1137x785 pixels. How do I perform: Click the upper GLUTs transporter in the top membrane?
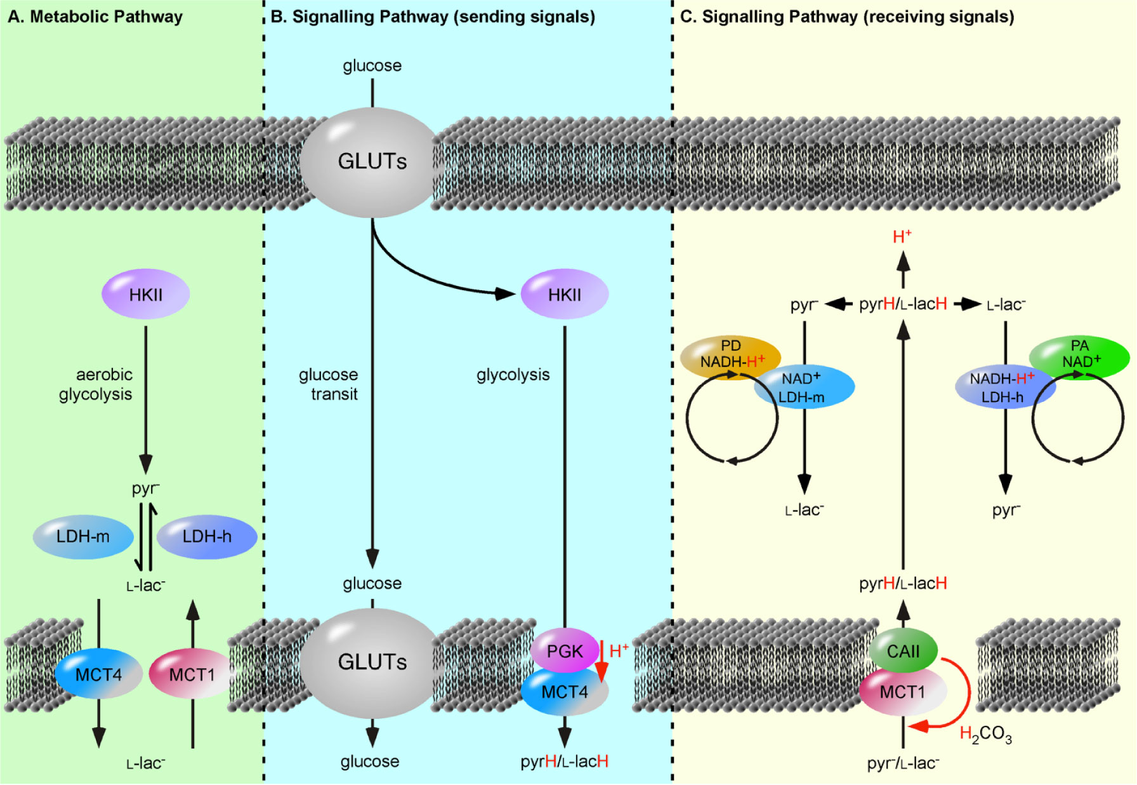pos(372,162)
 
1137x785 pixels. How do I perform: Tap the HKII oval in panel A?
pos(146,295)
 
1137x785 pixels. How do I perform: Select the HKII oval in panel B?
pos(564,295)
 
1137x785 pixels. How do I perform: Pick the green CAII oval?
pos(903,650)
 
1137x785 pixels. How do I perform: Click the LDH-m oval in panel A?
pos(83,537)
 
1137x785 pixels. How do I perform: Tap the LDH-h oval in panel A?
pos(207,537)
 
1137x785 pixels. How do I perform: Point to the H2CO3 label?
pos(985,735)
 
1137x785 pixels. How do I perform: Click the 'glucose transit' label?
pos(329,384)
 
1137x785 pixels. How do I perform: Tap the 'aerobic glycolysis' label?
pos(96,384)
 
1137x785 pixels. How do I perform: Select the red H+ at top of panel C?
pos(902,237)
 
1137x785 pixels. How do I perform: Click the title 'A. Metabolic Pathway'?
pos(95,17)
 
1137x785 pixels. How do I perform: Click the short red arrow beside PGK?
pos(601,661)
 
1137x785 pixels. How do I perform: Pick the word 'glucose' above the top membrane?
pos(372,65)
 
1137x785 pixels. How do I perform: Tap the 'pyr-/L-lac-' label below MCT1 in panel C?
pos(903,763)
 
